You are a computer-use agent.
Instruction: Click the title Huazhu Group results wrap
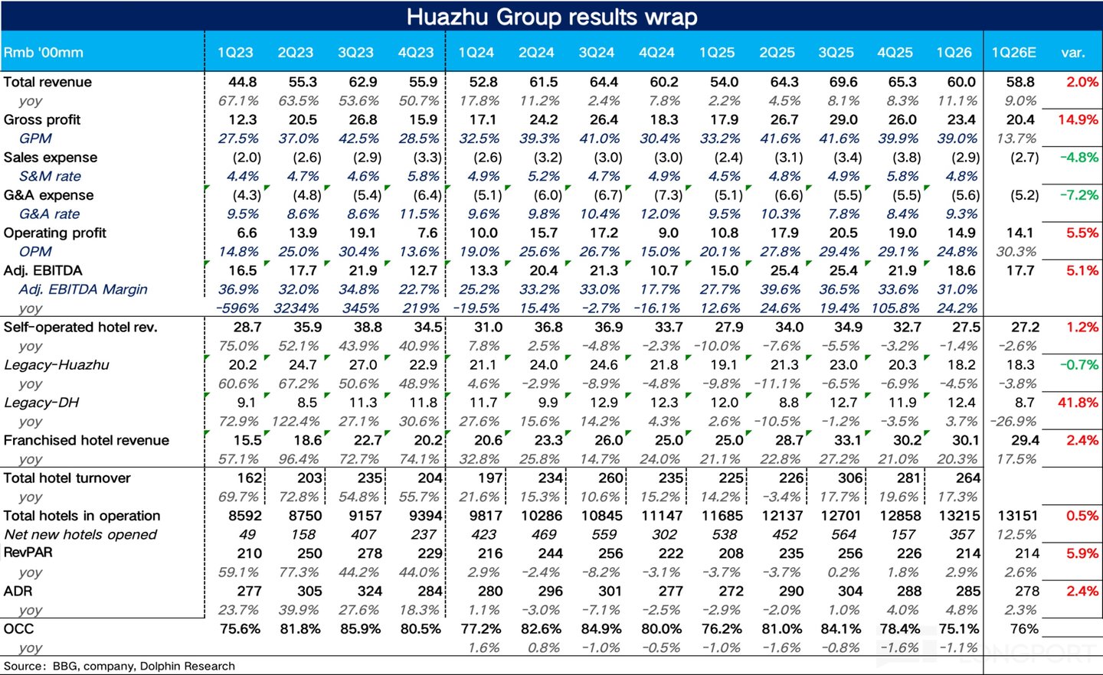pyautogui.click(x=551, y=17)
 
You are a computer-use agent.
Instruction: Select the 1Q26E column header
pyautogui.click(x=1013, y=53)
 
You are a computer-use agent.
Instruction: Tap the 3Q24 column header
pyautogui.click(x=596, y=53)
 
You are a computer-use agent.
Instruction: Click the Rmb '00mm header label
pyautogui.click(x=44, y=53)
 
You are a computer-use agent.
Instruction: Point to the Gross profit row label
pyautogui.click(x=42, y=119)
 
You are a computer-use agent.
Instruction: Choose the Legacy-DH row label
pyautogui.click(x=41, y=403)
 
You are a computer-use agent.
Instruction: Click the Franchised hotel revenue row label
pyautogui.click(x=86, y=440)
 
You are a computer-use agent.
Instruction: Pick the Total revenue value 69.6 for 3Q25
pyautogui.click(x=843, y=82)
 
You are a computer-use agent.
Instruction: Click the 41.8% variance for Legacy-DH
pyautogui.click(x=1078, y=403)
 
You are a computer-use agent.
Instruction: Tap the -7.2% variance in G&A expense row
pyautogui.click(x=1078, y=195)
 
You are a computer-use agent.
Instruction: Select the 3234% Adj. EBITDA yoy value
pyautogui.click(x=296, y=308)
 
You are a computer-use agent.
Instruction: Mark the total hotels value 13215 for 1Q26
pyautogui.click(x=961, y=516)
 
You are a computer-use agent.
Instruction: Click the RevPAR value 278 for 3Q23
pyautogui.click(x=369, y=553)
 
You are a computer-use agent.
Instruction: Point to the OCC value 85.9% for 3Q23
pyautogui.click(x=360, y=629)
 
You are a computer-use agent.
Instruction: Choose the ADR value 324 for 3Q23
pyautogui.click(x=369, y=591)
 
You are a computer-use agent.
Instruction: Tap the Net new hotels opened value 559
pyautogui.click(x=604, y=534)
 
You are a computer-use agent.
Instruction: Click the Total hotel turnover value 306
pyautogui.click(x=850, y=478)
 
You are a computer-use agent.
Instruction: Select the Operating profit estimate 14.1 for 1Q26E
pyautogui.click(x=1021, y=233)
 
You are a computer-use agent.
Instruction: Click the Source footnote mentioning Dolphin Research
pyautogui.click(x=119, y=666)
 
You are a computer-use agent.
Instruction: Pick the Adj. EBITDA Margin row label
pyautogui.click(x=83, y=289)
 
